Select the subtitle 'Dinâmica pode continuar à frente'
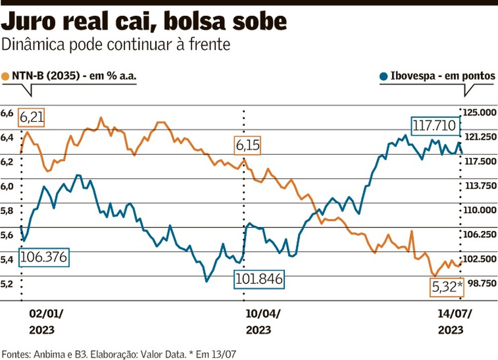click(116, 44)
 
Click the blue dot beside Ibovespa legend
click(383, 77)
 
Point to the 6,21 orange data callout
click(31, 118)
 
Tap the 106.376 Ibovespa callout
click(44, 257)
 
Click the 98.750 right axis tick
click(480, 283)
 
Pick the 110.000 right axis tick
click(480, 210)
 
